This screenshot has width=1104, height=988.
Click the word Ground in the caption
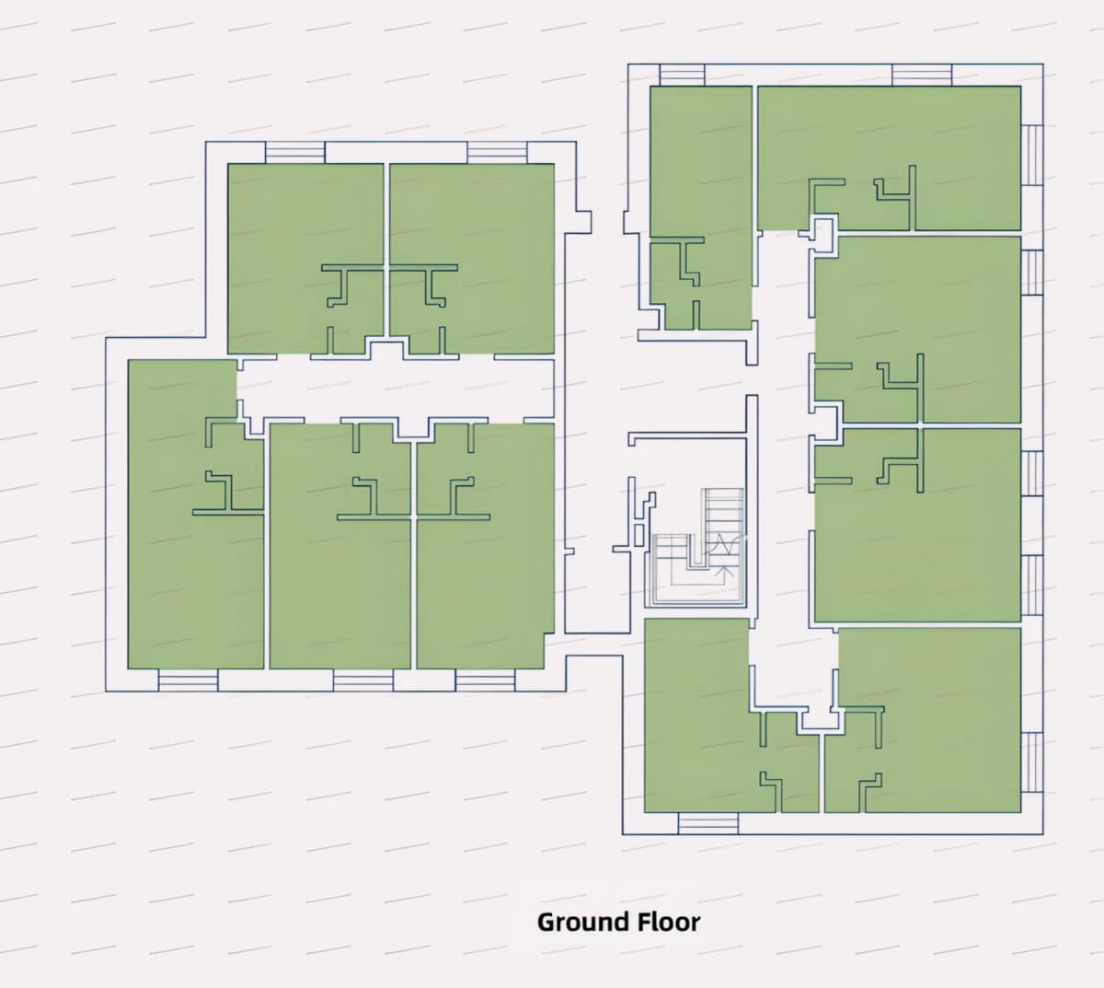582,922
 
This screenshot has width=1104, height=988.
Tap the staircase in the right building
695,547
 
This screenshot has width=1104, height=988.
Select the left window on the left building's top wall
294,152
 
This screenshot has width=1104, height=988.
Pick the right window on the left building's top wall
497,152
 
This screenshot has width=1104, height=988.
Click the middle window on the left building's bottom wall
362,680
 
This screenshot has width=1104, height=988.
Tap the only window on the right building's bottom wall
707,823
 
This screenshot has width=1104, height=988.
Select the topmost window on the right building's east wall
1032,155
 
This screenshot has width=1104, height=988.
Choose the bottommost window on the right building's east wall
1032,762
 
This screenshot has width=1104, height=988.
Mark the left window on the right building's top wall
683,75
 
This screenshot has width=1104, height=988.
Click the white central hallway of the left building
395,389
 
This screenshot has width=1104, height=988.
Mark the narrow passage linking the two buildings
594,645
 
